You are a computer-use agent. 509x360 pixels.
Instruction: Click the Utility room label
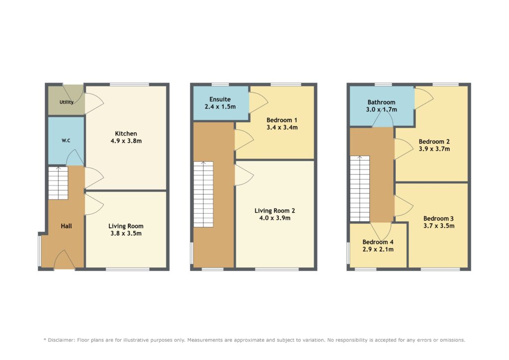pos(66,102)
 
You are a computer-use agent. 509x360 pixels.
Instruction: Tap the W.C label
pos(66,141)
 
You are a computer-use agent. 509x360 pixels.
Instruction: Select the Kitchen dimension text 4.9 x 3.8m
pos(126,141)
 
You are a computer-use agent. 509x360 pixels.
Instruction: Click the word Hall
pos(66,226)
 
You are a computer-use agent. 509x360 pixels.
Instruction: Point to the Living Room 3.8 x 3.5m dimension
pos(126,233)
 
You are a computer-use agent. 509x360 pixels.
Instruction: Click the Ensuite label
pos(220,99)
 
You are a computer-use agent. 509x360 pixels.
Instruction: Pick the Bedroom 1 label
pos(282,120)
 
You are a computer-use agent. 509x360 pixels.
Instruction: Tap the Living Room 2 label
pos(274,211)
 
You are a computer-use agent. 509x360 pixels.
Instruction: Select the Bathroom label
pos(381,102)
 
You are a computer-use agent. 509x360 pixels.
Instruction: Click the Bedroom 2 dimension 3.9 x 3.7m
pos(434,149)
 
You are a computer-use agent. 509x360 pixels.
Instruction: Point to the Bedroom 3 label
pos(438,218)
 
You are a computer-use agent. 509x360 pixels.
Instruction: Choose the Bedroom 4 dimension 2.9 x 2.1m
pos(378,249)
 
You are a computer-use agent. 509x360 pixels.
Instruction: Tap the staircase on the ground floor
pos(58,183)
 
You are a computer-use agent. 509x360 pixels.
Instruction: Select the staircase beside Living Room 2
pos(203,194)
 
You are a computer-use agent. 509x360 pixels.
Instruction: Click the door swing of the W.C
pos(75,158)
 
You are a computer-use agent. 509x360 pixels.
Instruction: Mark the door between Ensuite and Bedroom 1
pos(258,103)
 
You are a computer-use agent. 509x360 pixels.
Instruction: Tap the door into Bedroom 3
pos(404,205)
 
